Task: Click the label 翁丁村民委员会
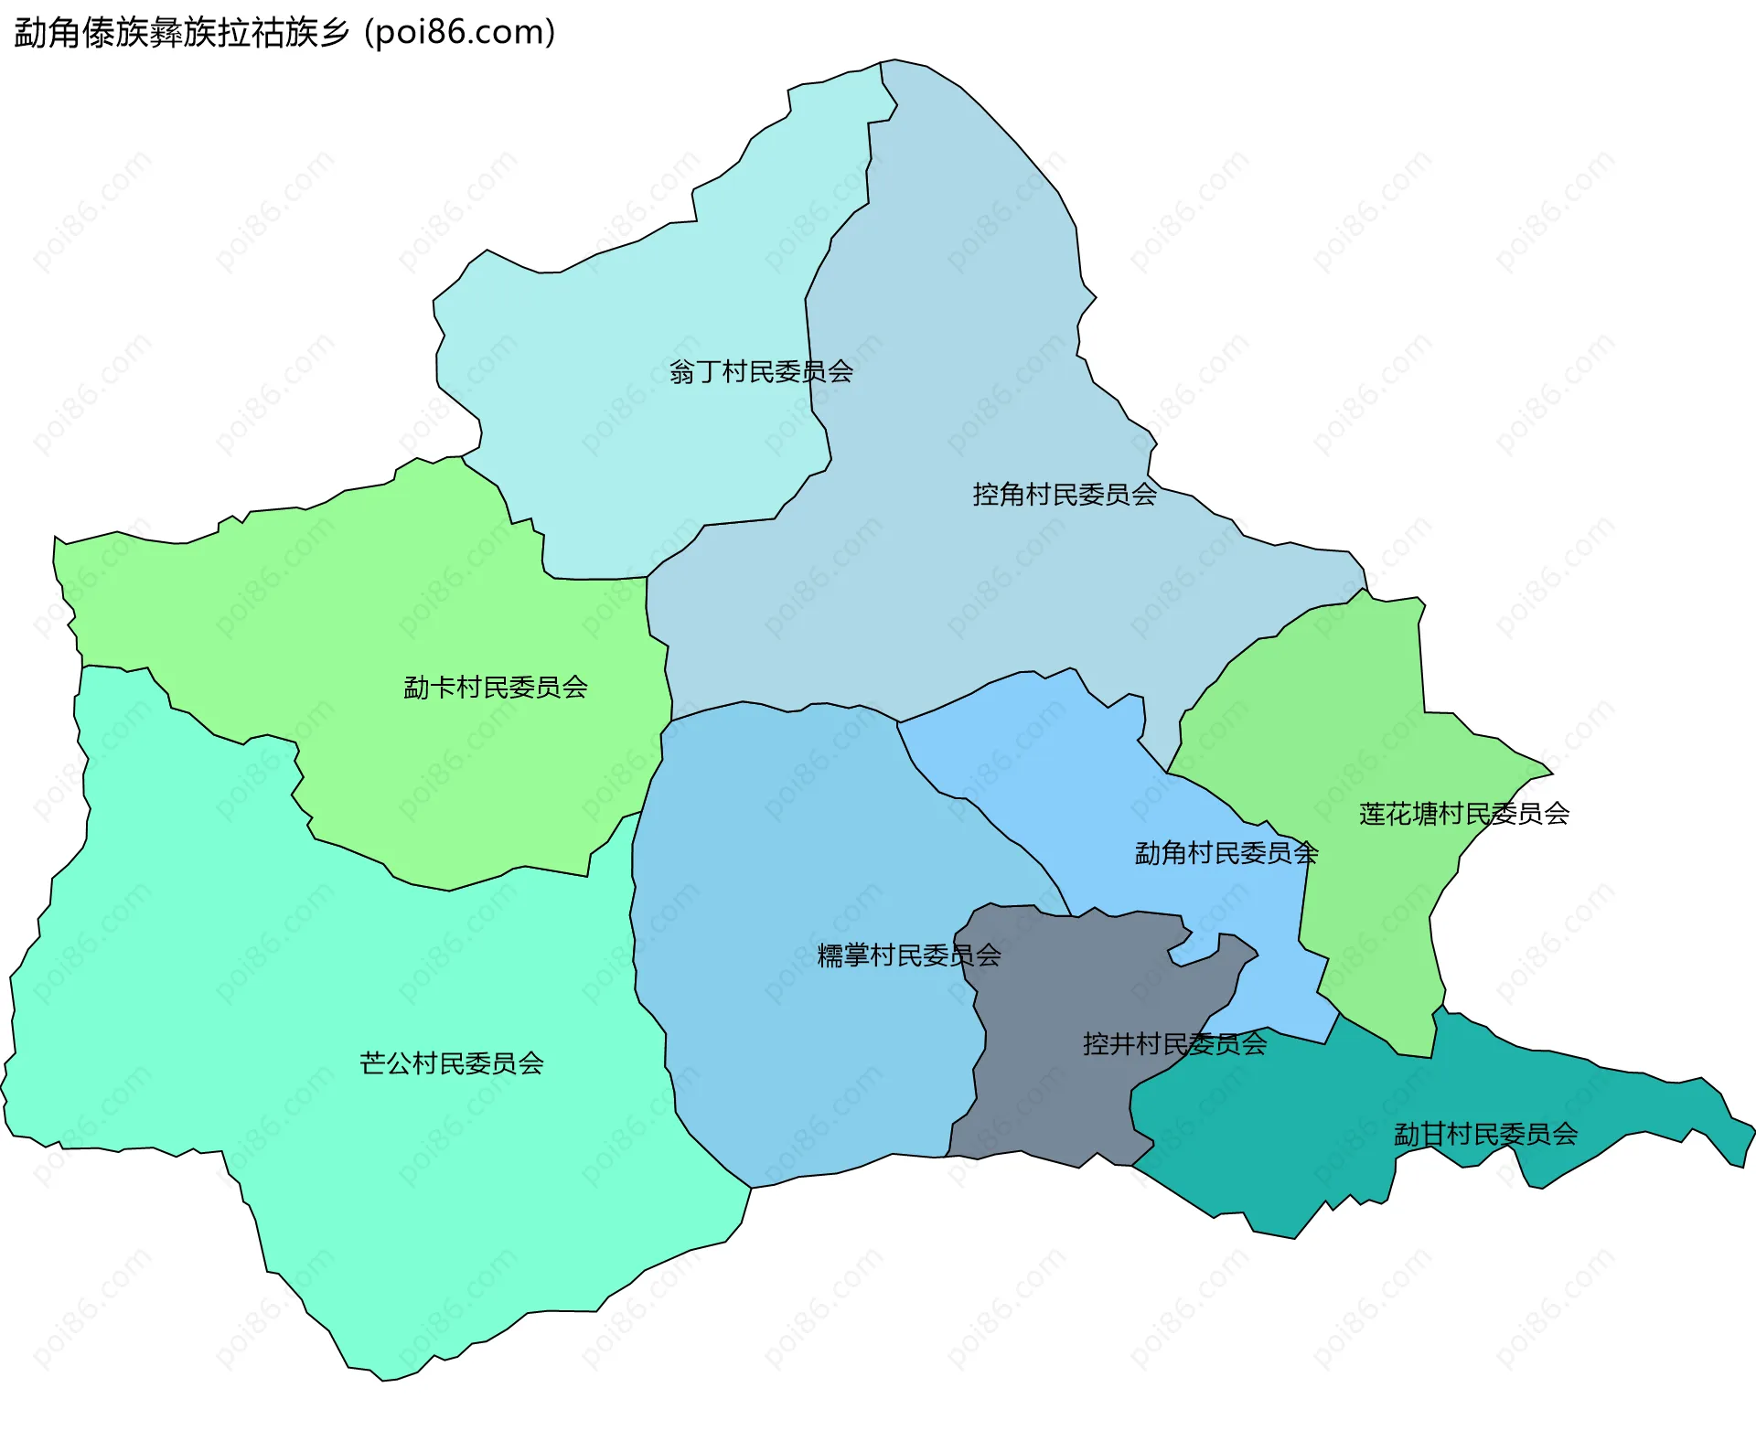[761, 372]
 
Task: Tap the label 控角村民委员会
[1065, 495]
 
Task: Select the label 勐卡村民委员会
[496, 688]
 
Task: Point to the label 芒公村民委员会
[452, 1063]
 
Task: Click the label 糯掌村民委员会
[908, 955]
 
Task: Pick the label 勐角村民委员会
[1226, 853]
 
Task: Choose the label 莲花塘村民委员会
[1463, 814]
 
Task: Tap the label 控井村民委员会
[1174, 1043]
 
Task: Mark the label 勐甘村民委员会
[1485, 1135]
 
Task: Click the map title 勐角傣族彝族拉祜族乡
[182, 33]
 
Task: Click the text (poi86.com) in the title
[460, 33]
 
